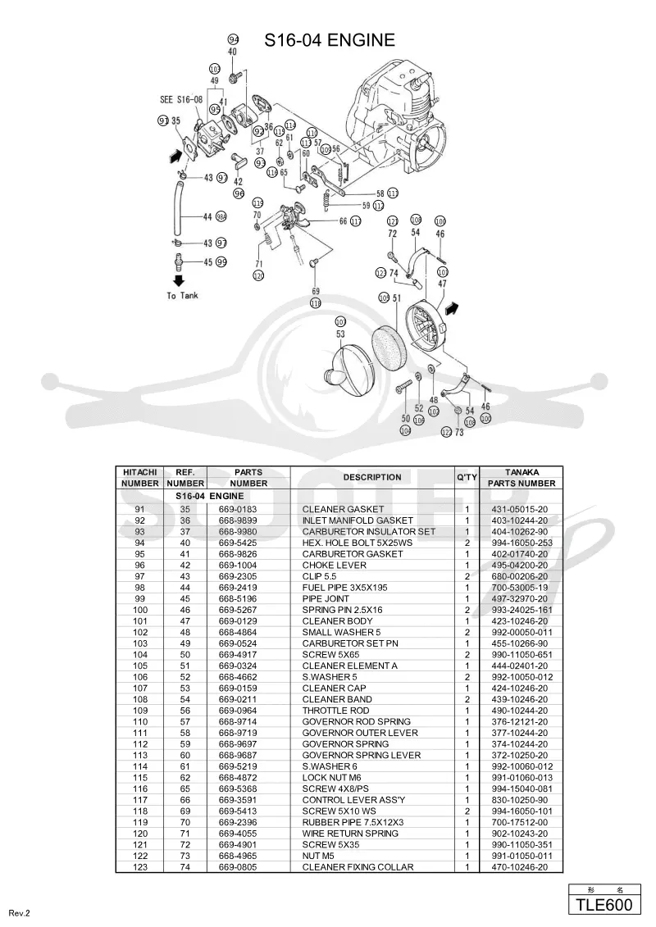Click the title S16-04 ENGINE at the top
tap(330, 39)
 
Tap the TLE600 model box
tap(604, 905)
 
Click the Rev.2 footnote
tap(19, 913)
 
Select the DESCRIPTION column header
tap(372, 477)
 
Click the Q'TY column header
tap(467, 477)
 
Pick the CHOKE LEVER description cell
tap(335, 566)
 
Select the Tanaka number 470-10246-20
tap(519, 866)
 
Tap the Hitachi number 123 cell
tap(139, 866)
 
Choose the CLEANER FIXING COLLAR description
tap(358, 866)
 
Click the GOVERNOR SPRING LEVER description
tap(362, 755)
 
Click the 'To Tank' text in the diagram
tap(182, 296)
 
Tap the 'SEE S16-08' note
tap(181, 99)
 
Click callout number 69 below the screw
tap(315, 291)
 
